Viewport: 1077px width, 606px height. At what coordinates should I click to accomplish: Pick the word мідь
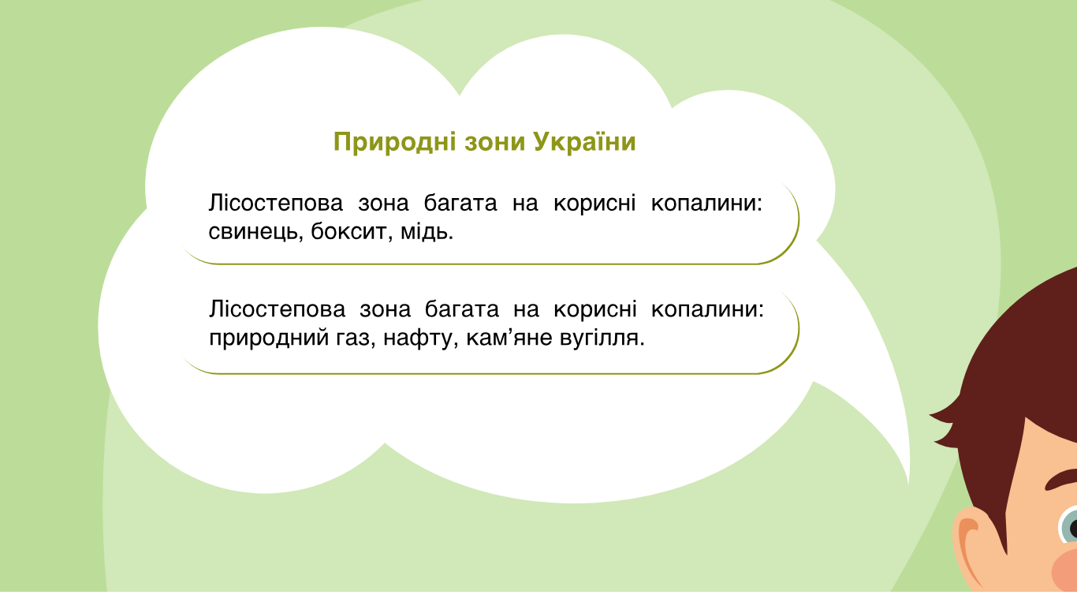(427, 231)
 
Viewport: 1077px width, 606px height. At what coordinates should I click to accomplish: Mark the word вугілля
(602, 338)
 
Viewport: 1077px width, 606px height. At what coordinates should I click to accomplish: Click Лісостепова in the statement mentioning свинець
(275, 203)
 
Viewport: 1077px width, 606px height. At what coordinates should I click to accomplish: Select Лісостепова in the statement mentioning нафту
(277, 309)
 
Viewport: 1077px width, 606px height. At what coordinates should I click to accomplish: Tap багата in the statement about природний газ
(461, 309)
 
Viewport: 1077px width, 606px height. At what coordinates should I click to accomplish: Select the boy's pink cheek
(1065, 570)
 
